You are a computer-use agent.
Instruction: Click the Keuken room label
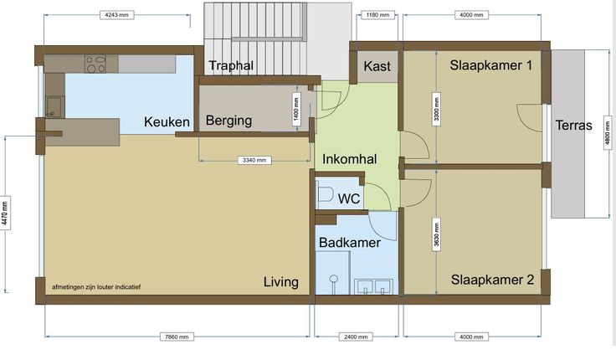point(167,122)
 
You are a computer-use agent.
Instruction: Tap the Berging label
point(228,121)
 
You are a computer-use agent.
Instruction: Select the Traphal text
point(231,65)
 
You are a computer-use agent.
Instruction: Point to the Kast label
point(377,66)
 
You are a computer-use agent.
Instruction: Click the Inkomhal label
point(349,159)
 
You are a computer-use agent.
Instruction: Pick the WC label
point(349,198)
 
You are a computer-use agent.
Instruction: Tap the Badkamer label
point(349,243)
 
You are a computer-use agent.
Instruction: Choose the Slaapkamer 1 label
point(491,64)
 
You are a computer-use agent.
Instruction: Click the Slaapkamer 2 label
point(492,280)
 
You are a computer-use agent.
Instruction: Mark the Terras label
point(573,126)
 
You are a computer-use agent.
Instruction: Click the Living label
point(281,282)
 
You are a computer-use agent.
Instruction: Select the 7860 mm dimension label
point(177,337)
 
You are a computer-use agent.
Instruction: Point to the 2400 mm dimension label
point(356,337)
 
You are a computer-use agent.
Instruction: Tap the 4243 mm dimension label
point(116,15)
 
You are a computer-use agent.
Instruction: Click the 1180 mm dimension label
point(377,15)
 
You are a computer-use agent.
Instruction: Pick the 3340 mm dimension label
point(254,160)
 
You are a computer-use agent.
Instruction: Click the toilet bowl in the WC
point(325,194)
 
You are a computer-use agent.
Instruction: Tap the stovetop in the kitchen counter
point(96,64)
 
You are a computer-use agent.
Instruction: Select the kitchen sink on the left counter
point(54,107)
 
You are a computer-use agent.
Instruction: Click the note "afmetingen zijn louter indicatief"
point(96,287)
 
